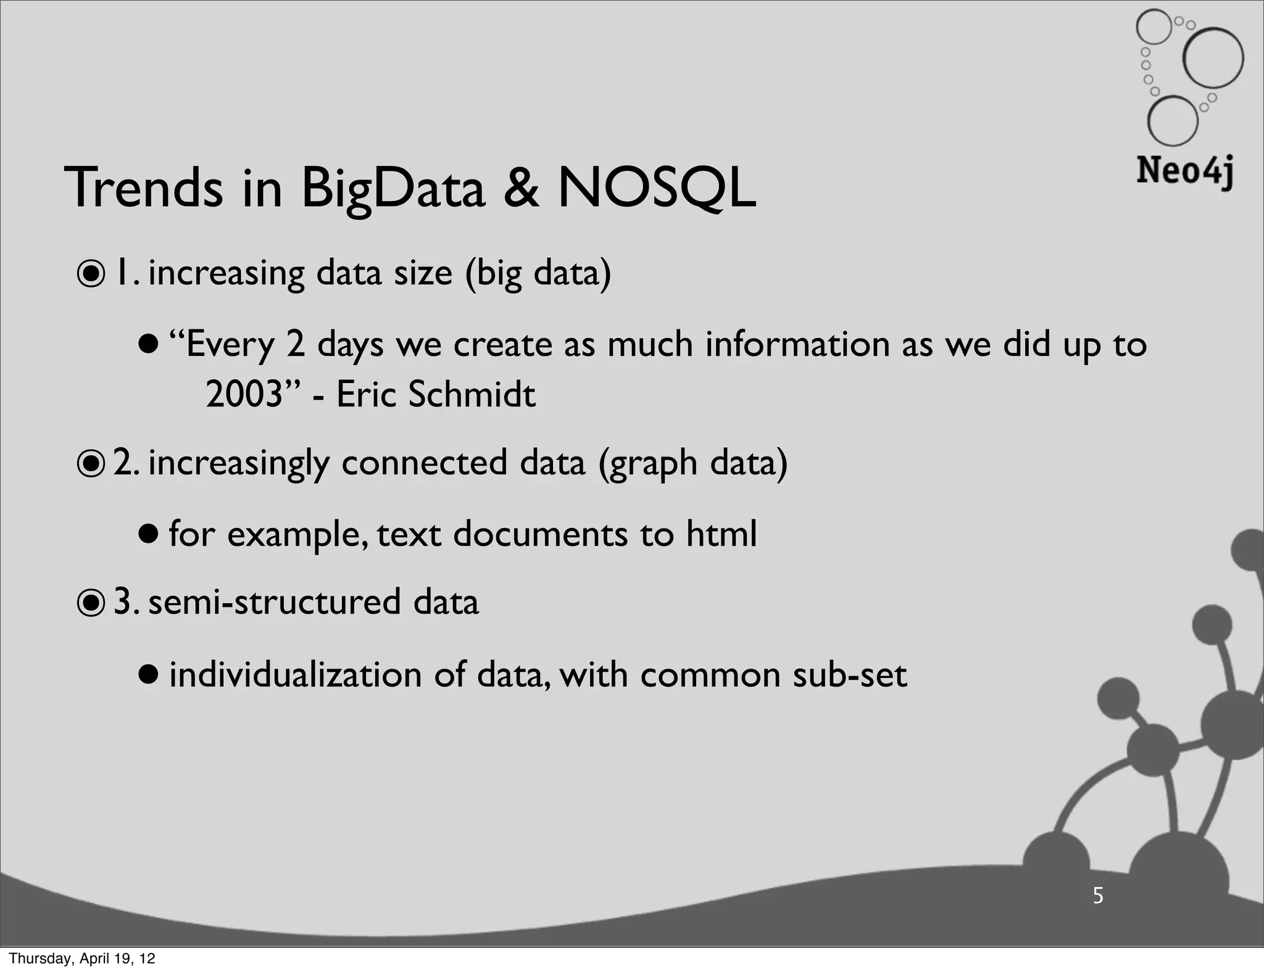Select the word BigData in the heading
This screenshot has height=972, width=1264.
coord(393,188)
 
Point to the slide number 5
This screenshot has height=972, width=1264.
coord(1097,896)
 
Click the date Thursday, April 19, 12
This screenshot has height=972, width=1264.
coord(81,958)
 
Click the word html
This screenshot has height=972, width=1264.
coord(721,533)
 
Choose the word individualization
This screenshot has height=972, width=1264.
coord(295,674)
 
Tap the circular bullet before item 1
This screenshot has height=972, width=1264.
coord(91,275)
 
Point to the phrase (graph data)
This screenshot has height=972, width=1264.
coord(692,464)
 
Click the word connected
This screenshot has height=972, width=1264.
coord(424,463)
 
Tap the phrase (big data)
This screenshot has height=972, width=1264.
coord(538,274)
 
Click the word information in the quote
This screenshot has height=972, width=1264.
coord(797,344)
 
